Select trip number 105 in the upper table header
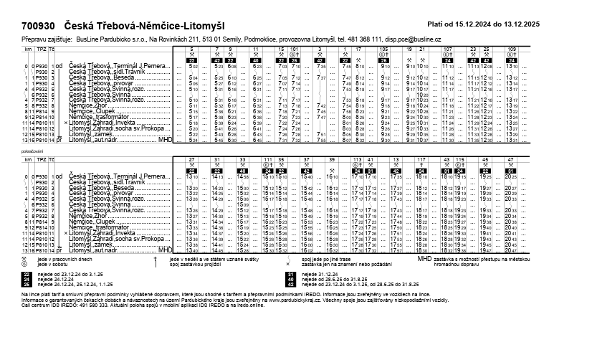click(x=383, y=49)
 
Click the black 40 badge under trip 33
click(x=244, y=170)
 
